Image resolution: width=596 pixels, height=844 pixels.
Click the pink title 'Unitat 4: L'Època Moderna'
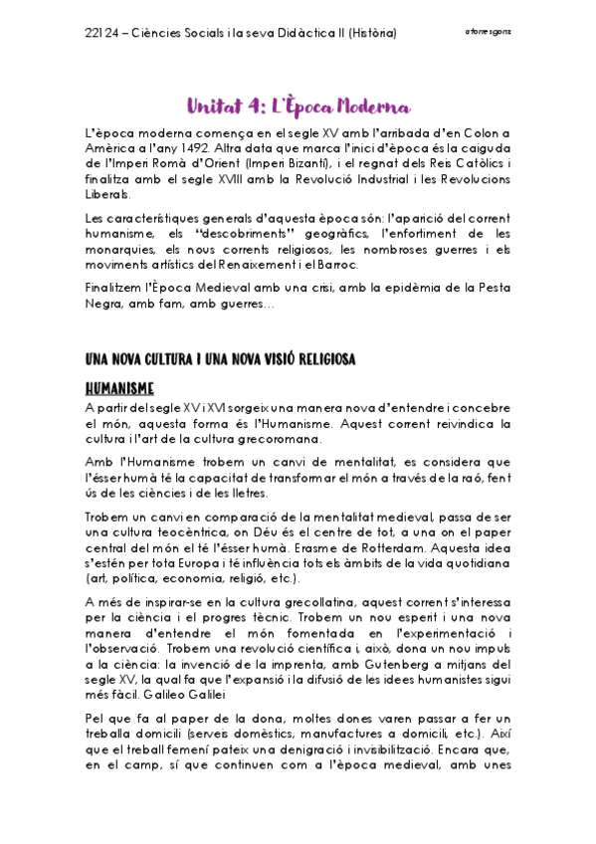298,105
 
